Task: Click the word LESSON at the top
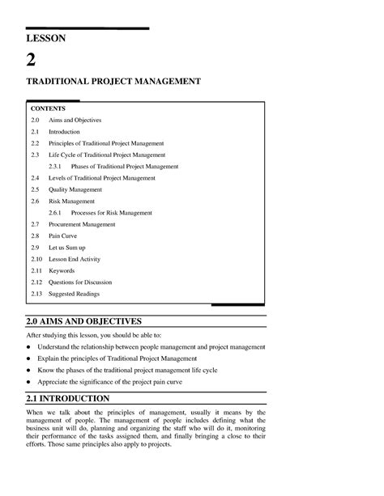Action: point(46,38)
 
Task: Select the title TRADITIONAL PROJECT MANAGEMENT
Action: point(114,83)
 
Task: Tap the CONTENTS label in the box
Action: point(48,108)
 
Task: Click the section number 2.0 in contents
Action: point(35,120)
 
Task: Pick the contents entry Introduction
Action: point(65,131)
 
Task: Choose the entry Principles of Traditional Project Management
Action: point(106,142)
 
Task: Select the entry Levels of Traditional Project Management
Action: point(101,177)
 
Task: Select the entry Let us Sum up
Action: point(67,247)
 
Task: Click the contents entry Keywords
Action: point(62,270)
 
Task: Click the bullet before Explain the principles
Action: point(30,358)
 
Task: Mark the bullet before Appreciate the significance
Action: point(30,380)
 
